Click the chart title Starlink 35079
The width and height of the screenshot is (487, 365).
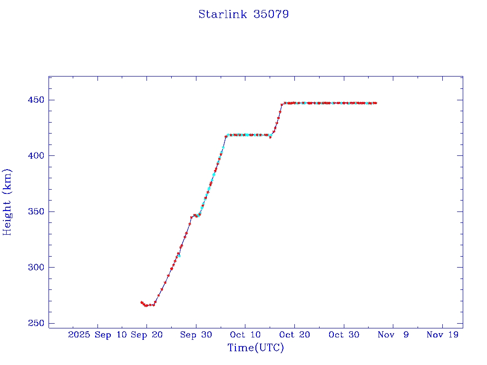point(243,14)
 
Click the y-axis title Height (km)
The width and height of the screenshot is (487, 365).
point(7,202)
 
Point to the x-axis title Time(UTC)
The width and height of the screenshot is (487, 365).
point(256,348)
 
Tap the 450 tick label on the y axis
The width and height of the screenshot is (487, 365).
point(35,100)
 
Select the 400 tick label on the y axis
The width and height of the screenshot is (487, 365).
point(35,156)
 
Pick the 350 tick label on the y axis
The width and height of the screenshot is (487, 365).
point(35,211)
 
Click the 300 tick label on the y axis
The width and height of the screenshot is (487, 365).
point(35,268)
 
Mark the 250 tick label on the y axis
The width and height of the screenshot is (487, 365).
point(35,323)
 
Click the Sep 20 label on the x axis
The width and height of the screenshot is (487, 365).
point(146,335)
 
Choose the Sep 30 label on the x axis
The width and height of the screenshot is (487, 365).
point(196,335)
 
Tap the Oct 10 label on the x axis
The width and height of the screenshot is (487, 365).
point(245,335)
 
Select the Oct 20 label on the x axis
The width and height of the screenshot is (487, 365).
point(294,335)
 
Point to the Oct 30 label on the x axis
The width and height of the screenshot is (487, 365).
point(344,335)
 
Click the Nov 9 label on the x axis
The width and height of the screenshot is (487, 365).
point(393,335)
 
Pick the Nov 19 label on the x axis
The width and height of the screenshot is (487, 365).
point(442,335)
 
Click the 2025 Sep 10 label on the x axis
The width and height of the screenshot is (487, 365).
point(95,335)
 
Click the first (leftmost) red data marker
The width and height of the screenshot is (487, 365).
point(141,302)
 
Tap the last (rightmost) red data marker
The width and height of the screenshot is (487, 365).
point(376,103)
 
